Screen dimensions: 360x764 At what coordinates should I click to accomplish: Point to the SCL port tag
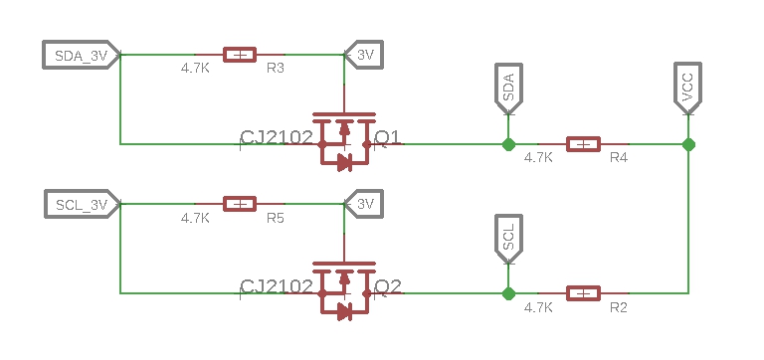click(508, 237)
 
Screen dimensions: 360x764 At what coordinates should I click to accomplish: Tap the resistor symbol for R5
click(239, 204)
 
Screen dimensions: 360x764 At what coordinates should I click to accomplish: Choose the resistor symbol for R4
click(583, 144)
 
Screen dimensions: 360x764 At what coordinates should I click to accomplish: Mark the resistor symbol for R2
click(583, 293)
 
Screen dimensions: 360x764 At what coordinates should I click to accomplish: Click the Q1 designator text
click(388, 137)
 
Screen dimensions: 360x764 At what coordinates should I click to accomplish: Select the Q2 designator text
click(388, 286)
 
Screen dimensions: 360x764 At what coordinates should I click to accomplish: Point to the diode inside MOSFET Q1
click(344, 162)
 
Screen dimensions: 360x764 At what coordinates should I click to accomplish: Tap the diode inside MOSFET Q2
click(344, 311)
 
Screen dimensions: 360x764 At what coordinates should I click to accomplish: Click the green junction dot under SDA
click(508, 144)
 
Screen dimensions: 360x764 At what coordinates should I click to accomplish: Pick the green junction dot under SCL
click(508, 293)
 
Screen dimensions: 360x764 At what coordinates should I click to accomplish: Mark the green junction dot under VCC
click(688, 144)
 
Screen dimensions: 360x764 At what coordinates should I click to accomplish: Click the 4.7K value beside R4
click(538, 158)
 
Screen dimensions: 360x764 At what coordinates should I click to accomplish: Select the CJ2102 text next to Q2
click(278, 287)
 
